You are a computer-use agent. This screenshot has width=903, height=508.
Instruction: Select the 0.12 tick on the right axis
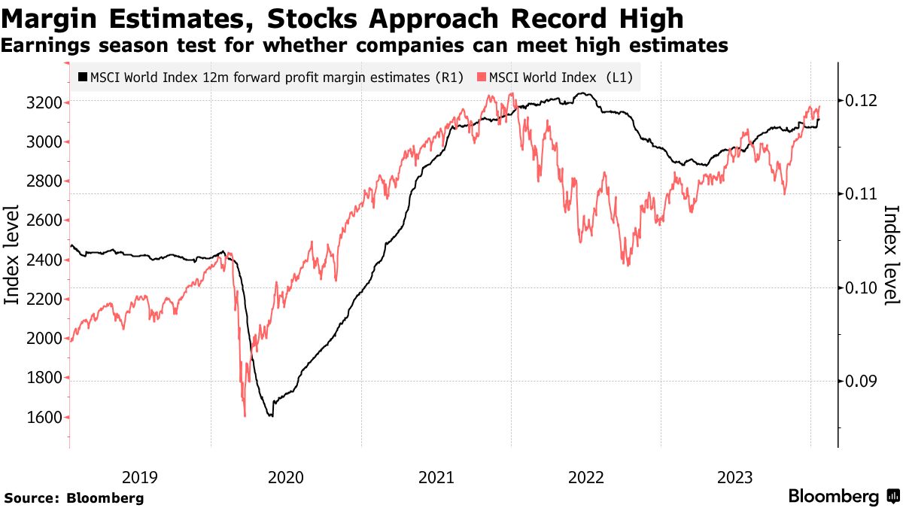click(859, 100)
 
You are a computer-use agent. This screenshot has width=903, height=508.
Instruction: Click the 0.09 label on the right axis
click(859, 382)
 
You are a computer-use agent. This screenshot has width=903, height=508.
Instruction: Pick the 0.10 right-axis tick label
click(859, 287)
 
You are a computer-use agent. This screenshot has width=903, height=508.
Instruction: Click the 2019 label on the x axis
click(140, 476)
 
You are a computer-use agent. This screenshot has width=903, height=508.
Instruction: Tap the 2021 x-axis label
click(436, 476)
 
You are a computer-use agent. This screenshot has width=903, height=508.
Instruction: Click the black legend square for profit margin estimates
click(82, 78)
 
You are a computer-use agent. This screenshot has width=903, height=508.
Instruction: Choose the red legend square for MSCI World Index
click(482, 78)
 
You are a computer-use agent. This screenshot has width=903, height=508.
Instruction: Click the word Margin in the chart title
click(46, 18)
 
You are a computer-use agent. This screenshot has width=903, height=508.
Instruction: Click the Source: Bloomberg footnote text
click(74, 497)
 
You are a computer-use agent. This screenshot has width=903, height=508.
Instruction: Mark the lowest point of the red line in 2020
click(245, 415)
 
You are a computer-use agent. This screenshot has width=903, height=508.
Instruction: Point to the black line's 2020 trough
click(271, 415)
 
